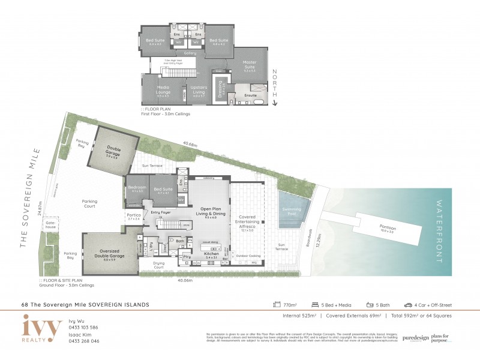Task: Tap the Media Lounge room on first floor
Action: click(164, 89)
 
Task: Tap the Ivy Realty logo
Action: click(42, 329)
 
